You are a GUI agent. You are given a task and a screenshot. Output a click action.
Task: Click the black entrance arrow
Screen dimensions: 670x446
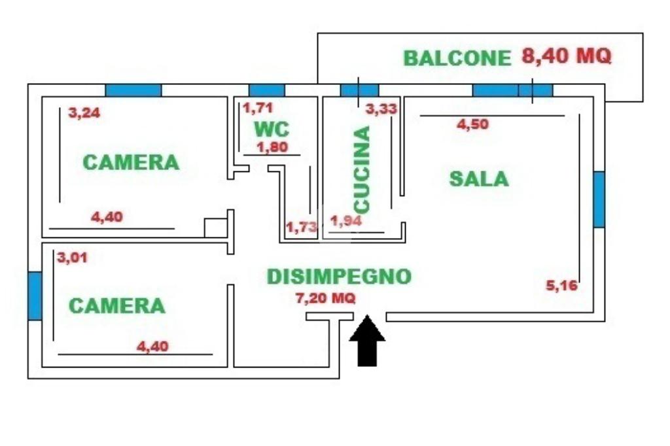(x=367, y=341)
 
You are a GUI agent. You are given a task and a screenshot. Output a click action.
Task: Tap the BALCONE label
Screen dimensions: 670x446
(x=456, y=58)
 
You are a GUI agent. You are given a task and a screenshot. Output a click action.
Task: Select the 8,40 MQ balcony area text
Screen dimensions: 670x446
(x=567, y=56)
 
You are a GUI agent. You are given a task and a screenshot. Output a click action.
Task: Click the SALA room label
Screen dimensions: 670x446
(x=479, y=179)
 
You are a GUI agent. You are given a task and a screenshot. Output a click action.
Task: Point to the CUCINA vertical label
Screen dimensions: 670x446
(x=361, y=169)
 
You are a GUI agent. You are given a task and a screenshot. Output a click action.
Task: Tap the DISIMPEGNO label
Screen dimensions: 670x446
(x=339, y=277)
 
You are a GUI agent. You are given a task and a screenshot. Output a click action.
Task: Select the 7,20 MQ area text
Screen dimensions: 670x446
(x=326, y=299)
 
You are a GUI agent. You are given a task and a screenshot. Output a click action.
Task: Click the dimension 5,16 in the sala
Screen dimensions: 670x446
(x=562, y=285)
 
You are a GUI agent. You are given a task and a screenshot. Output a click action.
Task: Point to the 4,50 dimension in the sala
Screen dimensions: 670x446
(x=472, y=125)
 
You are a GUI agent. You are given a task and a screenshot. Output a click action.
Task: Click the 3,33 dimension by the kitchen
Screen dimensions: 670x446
(x=381, y=109)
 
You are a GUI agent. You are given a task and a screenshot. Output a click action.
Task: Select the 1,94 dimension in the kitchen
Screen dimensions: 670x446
(x=346, y=222)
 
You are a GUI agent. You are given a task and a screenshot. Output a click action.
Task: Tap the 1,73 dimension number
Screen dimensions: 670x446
(x=302, y=227)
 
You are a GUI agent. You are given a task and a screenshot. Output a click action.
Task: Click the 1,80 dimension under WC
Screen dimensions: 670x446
(x=272, y=147)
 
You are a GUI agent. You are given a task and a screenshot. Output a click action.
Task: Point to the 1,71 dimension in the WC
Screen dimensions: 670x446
(x=257, y=108)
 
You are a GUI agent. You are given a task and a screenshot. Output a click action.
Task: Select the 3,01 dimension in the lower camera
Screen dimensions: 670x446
(x=72, y=258)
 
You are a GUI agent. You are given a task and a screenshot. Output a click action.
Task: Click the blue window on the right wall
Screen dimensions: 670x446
(x=599, y=199)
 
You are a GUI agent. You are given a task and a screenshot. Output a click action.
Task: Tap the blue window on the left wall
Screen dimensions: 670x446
(x=35, y=296)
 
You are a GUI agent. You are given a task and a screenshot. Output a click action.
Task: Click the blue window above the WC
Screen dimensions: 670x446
(x=267, y=90)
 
